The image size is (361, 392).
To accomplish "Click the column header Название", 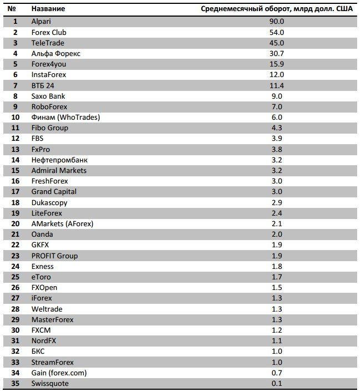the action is (48, 9).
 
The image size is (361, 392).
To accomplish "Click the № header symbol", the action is (12, 9).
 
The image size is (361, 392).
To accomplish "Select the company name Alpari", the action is (41, 22).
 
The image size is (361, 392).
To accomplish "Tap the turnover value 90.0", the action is (277, 22).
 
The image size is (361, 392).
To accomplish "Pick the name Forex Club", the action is (49, 33).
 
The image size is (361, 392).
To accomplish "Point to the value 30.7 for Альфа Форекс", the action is (277, 53).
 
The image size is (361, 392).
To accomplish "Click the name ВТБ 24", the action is (43, 86).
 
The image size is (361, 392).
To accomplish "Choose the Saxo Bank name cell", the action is (48, 96).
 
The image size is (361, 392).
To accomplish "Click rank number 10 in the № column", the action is (16, 117).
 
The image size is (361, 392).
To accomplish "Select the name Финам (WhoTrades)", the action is (66, 117).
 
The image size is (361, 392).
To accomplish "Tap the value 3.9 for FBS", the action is (277, 139).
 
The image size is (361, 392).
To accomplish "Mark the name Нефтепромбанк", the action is (59, 160).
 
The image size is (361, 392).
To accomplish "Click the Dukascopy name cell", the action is (49, 203).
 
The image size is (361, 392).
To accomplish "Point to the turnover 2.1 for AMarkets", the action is (277, 224).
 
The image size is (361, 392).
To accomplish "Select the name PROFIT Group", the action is (54, 256).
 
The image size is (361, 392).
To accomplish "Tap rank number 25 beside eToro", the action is (16, 277).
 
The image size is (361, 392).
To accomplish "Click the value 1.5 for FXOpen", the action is (277, 288).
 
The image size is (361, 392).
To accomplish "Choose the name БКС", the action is (38, 352).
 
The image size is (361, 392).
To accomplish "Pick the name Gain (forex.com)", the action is (59, 373).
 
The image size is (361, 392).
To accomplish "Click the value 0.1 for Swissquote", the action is (277, 384).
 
